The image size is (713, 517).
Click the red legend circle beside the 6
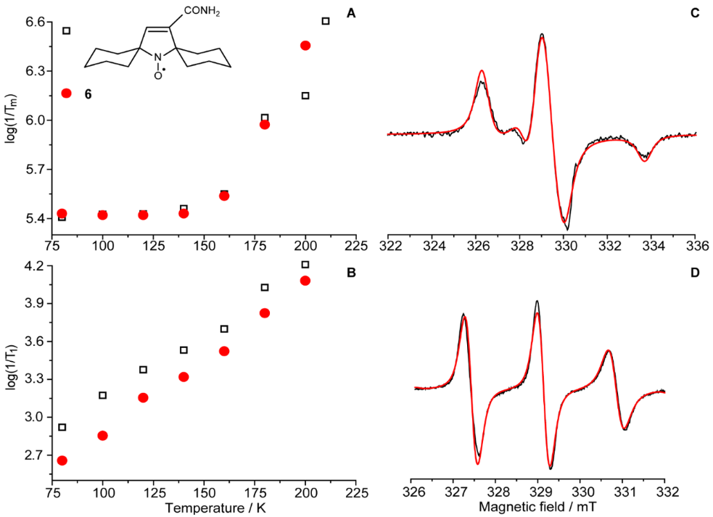[x=67, y=94]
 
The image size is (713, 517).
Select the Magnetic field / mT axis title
[x=537, y=507]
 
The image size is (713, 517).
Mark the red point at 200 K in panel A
[x=305, y=46]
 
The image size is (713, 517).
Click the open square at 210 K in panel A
[x=325, y=21]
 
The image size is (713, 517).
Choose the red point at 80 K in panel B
[x=62, y=460]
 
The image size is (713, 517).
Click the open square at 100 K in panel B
[x=103, y=395]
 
